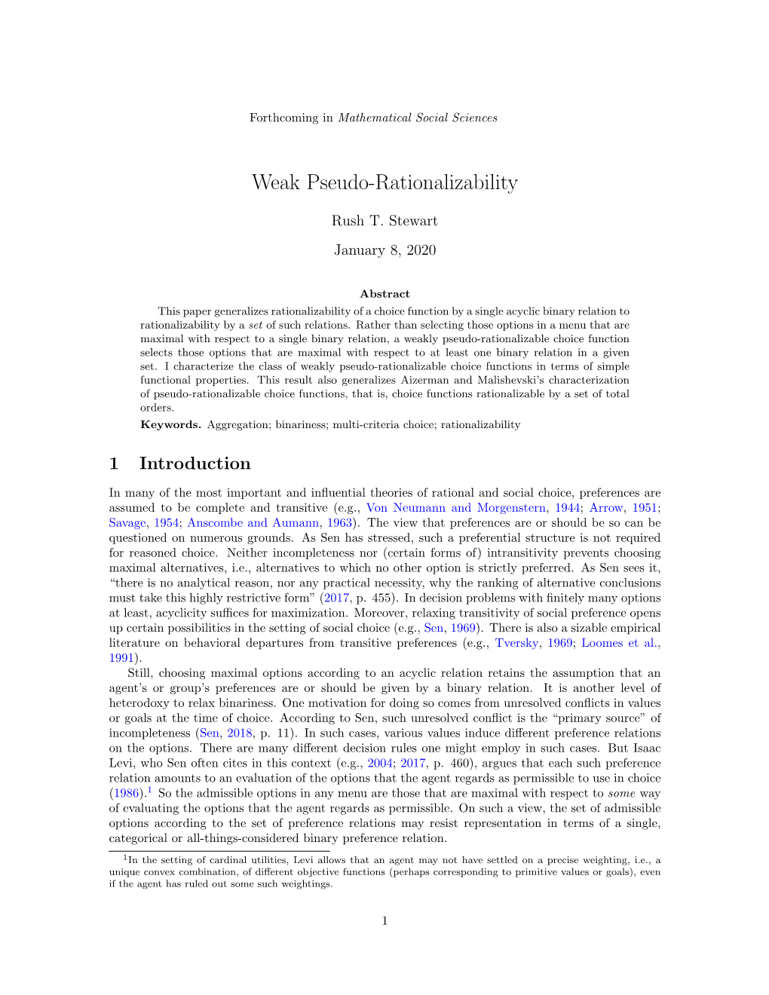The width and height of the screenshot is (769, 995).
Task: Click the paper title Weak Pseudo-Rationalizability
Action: (384, 182)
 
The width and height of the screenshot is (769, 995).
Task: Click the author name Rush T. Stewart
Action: (384, 221)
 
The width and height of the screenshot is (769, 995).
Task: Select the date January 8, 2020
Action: (384, 250)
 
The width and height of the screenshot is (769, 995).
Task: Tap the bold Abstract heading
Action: (384, 294)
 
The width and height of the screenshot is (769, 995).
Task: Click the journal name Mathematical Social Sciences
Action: (418, 118)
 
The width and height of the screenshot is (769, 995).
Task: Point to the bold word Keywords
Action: (170, 424)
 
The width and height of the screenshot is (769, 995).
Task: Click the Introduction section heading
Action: (195, 464)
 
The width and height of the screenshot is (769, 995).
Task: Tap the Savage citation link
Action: (127, 523)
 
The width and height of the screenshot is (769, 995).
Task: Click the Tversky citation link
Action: (516, 643)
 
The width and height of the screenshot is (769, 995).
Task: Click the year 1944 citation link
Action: (567, 508)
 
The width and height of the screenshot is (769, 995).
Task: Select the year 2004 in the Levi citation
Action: (380, 764)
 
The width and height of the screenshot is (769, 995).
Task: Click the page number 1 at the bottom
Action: (384, 920)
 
